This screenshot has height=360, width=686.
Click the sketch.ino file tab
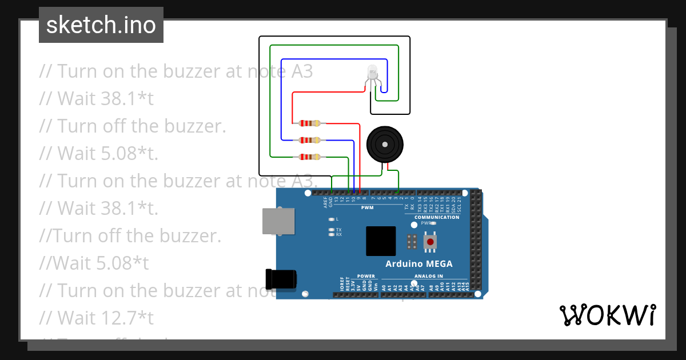pos(101,25)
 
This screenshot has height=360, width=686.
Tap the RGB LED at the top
pos(372,73)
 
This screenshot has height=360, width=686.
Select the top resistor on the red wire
pos(309,123)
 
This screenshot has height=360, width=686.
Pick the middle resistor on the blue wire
pos(309,140)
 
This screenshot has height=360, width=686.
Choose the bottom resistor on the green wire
pos(309,157)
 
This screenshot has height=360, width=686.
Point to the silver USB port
pos(278,221)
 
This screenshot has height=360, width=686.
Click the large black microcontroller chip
pos(381,241)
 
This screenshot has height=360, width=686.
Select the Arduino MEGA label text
pos(419,264)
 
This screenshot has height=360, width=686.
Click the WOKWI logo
pos(607,315)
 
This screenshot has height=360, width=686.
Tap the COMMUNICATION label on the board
pos(437,217)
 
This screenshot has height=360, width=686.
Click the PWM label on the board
pos(367,208)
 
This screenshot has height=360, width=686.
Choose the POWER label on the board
pos(366,277)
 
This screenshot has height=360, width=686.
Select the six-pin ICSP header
pos(411,242)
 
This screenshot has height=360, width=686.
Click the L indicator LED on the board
pos(332,219)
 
